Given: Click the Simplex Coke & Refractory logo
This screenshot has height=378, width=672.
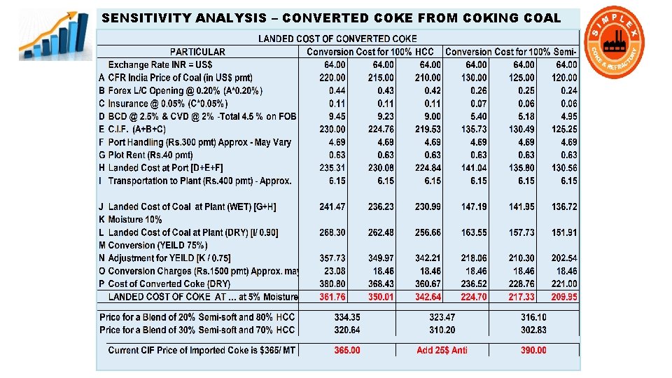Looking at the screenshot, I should click(x=615, y=43).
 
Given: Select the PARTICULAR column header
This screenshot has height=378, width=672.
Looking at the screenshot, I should click(x=197, y=52).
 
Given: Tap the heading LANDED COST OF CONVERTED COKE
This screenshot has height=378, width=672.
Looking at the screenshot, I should click(x=337, y=39).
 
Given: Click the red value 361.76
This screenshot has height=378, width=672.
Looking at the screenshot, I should click(x=332, y=297).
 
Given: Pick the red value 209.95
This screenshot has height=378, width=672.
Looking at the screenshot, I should click(x=564, y=297).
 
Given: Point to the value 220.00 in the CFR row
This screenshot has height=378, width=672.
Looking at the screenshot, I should click(x=332, y=78).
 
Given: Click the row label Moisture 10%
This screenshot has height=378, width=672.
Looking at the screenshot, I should click(x=135, y=220).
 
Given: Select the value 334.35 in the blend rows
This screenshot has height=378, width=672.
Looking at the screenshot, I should click(x=347, y=317).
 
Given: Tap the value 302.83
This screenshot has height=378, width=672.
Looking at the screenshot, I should click(x=534, y=330).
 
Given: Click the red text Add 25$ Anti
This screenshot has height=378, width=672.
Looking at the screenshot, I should click(x=442, y=350).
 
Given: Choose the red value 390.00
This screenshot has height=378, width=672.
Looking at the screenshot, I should click(x=534, y=350).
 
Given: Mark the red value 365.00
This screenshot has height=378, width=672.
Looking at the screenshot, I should click(x=347, y=350).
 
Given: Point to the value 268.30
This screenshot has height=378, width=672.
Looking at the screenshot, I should click(x=332, y=232).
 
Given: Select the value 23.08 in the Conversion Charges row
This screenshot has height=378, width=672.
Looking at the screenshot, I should click(x=332, y=271).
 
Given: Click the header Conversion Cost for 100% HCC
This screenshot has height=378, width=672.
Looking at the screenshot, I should click(x=370, y=52).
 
